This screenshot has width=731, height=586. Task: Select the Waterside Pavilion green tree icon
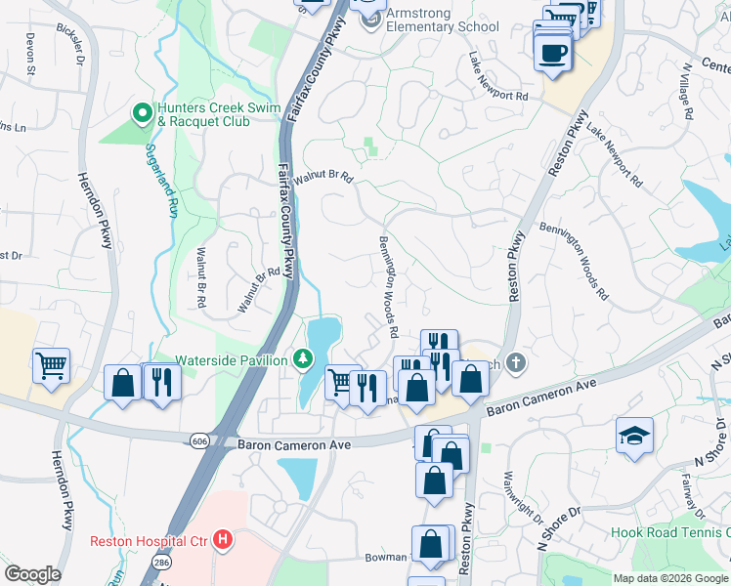304,359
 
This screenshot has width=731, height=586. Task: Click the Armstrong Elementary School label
443,20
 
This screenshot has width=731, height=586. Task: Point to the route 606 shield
199,442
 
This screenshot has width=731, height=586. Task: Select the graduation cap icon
634,435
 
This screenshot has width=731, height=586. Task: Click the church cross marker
517,363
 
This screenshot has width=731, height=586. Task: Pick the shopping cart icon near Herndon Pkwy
51,365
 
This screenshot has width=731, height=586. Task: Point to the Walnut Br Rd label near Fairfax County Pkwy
322,177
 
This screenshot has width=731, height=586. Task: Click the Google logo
32,574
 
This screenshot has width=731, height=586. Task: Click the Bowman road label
385,557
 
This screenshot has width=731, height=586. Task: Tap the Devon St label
30,57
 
